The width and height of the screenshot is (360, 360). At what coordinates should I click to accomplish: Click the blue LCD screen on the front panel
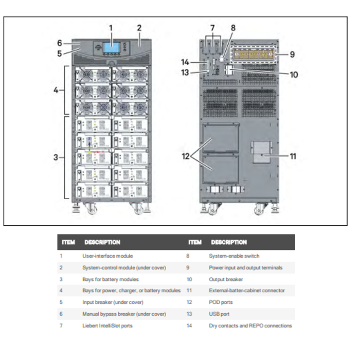click(x=112, y=47)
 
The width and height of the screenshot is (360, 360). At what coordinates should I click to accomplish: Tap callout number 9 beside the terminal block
click(x=292, y=55)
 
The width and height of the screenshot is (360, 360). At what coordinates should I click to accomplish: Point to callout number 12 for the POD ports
click(x=186, y=156)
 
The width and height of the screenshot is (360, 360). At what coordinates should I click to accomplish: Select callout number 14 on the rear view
click(x=185, y=62)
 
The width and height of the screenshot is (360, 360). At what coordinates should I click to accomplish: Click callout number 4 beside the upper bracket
click(x=56, y=90)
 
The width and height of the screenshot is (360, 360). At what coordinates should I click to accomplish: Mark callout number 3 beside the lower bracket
click(x=56, y=157)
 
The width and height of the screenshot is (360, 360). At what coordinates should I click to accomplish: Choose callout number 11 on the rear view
click(x=293, y=156)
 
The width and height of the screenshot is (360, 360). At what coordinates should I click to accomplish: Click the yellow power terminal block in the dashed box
click(x=254, y=55)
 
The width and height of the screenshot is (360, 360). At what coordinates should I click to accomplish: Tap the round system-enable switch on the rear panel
click(x=222, y=59)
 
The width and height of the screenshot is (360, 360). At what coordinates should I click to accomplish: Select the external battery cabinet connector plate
click(x=261, y=152)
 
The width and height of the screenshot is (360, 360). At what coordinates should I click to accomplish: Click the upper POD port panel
click(x=221, y=138)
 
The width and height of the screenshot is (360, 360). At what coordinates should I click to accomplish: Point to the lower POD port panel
click(x=221, y=169)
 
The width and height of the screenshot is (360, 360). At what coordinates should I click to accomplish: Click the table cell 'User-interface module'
click(x=107, y=256)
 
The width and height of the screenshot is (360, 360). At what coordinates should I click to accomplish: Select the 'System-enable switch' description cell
click(x=234, y=256)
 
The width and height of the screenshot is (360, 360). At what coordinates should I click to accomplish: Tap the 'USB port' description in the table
click(x=219, y=314)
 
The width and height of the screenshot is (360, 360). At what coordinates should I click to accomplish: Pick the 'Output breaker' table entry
click(x=226, y=279)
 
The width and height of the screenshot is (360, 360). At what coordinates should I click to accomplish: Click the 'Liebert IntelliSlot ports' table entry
click(x=107, y=326)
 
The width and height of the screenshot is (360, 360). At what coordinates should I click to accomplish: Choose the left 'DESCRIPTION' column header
click(x=102, y=242)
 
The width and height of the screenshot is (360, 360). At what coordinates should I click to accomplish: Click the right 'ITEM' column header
click(x=195, y=242)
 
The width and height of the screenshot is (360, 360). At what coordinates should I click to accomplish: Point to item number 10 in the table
click(x=189, y=279)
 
